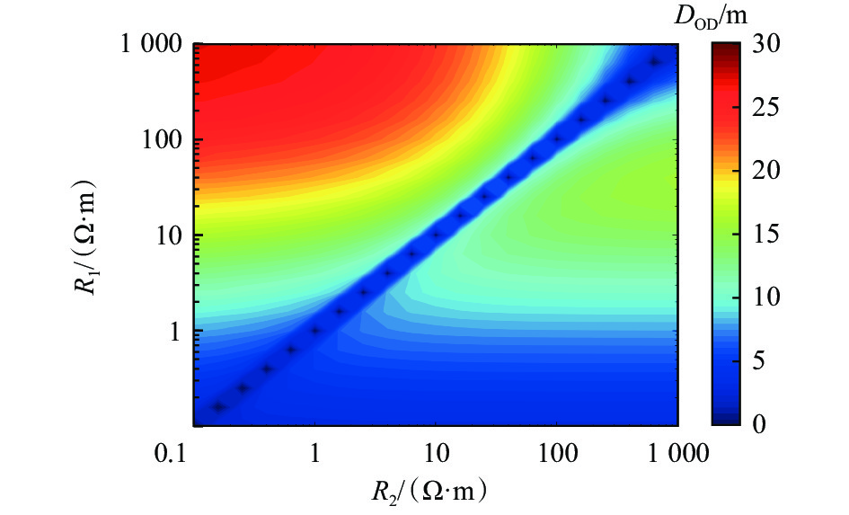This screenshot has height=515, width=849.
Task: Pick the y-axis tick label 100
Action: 164,140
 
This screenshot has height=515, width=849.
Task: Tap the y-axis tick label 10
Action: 169,235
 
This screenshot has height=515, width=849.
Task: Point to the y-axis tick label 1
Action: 174,331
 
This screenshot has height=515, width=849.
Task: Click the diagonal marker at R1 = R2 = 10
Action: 437,235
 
